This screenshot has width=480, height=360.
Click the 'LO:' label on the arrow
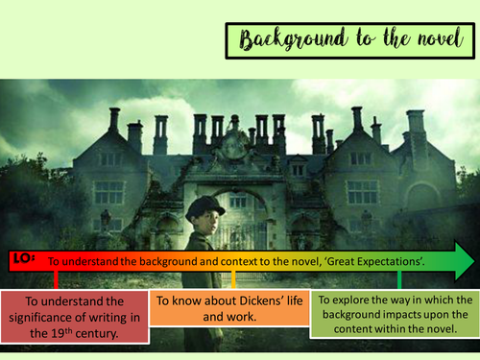(x=25, y=256)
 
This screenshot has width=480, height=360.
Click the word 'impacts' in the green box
(x=414, y=317)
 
